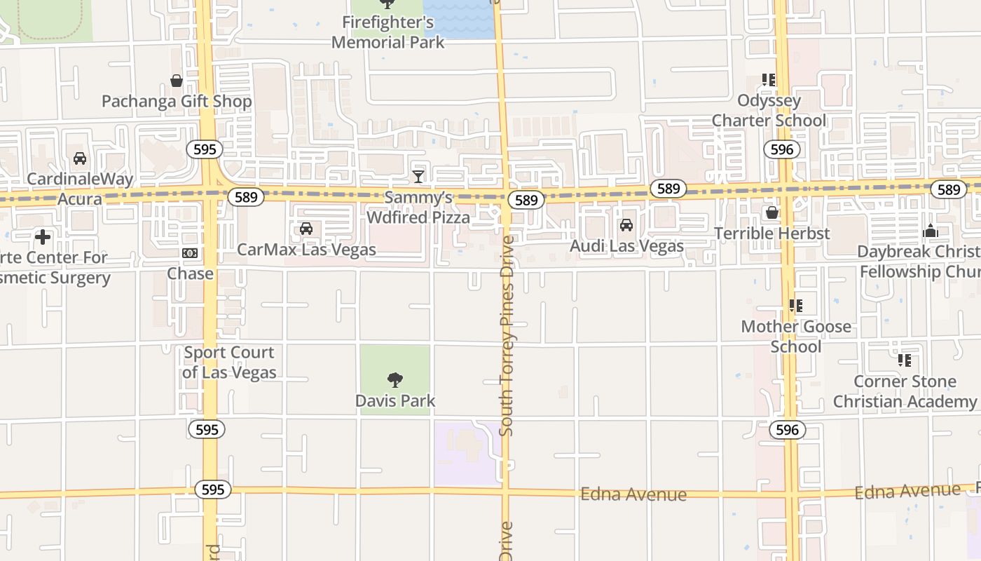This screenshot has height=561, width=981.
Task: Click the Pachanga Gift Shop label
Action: [177, 102]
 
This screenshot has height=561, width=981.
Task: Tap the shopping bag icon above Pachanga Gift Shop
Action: [177, 81]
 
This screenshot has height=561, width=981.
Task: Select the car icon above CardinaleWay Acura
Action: [80, 158]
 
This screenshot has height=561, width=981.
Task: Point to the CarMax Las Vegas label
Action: [306, 250]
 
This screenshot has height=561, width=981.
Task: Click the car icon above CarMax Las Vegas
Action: [306, 229]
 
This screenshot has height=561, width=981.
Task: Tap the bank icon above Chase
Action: [190, 253]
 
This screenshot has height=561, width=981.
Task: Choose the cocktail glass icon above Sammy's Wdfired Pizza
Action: [418, 176]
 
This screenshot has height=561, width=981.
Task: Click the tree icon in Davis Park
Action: [395, 380]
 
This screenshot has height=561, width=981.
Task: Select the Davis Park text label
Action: [395, 401]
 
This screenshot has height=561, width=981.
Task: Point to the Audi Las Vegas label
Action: [626, 246]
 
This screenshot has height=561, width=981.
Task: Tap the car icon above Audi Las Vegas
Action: [626, 225]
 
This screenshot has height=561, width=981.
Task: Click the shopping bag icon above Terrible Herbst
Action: [772, 212]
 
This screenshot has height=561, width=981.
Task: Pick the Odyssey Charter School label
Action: [769, 111]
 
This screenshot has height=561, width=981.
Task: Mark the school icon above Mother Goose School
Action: [796, 306]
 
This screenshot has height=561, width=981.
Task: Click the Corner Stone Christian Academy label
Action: [904, 391]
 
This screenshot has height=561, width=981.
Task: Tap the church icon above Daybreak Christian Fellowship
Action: [931, 231]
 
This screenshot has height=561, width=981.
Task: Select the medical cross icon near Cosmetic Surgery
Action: [43, 237]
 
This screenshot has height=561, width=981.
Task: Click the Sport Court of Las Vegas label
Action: [229, 363]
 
